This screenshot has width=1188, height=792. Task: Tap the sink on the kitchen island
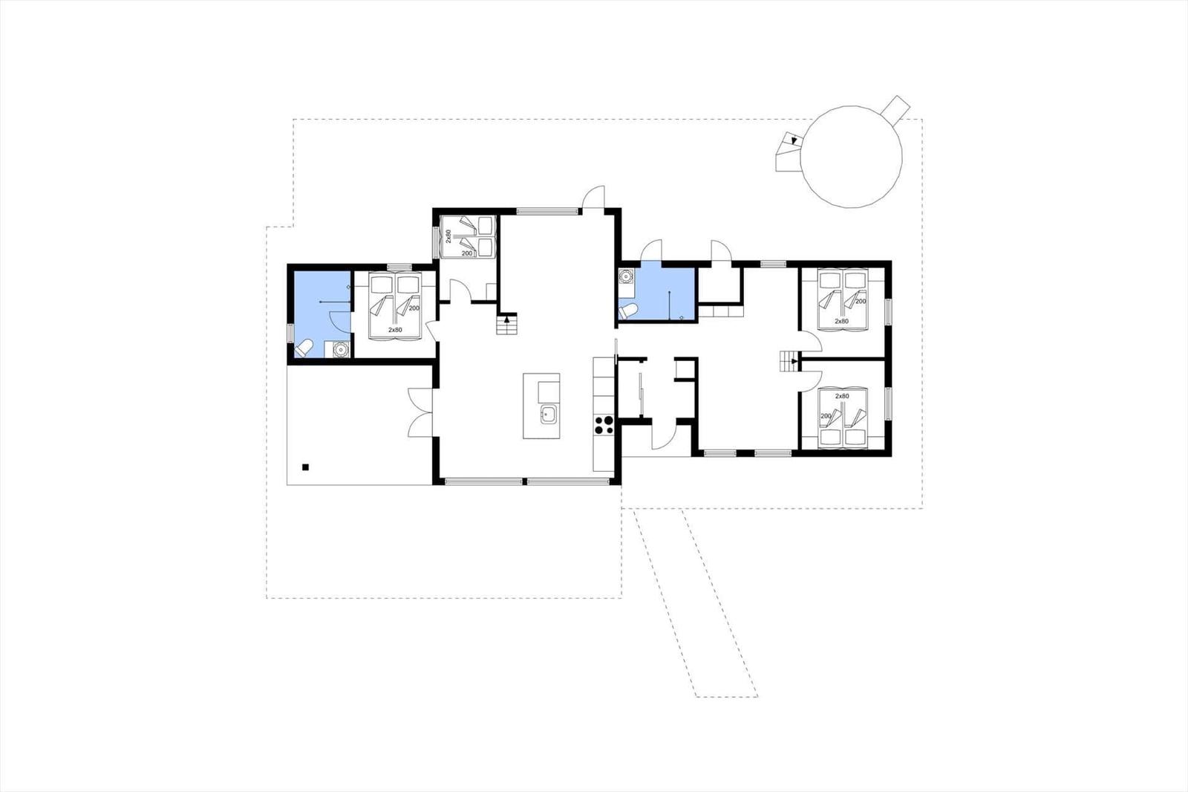click(x=549, y=414)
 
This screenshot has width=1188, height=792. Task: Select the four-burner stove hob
click(x=604, y=425)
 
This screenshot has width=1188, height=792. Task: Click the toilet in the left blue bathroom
click(x=304, y=348)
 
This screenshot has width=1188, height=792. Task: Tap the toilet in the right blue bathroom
click(x=628, y=311)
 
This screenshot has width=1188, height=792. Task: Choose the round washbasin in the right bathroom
click(x=627, y=276)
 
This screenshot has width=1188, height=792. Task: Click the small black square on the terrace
click(x=305, y=467)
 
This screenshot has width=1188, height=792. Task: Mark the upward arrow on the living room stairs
click(x=507, y=319)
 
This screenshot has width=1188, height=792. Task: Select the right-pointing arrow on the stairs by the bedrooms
click(x=794, y=362)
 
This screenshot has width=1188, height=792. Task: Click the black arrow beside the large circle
click(x=794, y=140)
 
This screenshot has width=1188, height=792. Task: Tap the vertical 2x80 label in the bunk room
click(x=448, y=236)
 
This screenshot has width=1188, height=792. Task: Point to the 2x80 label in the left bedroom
click(x=395, y=330)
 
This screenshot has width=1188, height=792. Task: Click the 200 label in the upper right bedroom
click(x=861, y=301)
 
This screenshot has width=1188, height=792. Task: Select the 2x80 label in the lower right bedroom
click(x=842, y=396)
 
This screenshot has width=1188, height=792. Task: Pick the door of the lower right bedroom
click(x=811, y=381)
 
